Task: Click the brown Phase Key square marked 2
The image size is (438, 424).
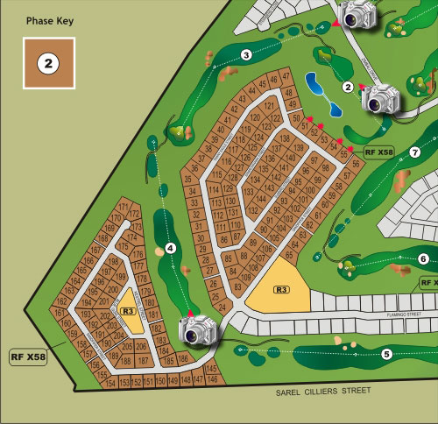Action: click(x=49, y=64)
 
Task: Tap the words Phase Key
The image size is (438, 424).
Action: click(x=47, y=19)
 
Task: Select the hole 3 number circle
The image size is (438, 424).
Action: click(x=246, y=56)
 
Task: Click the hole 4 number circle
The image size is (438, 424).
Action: click(x=171, y=249)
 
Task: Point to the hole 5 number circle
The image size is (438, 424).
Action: click(x=386, y=354)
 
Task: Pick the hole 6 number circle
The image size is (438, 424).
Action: click(x=422, y=258)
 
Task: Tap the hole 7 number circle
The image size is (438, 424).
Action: click(x=415, y=152)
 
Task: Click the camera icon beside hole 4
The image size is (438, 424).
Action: click(x=197, y=329)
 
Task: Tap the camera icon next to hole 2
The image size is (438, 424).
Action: click(x=380, y=99)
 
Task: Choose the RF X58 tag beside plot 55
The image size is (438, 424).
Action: click(x=379, y=152)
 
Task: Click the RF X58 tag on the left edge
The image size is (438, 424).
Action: click(x=29, y=357)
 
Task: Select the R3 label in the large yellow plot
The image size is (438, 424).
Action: click(x=281, y=289)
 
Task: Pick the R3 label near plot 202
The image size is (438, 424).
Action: click(x=128, y=310)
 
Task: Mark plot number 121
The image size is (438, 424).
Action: click(x=270, y=106)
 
